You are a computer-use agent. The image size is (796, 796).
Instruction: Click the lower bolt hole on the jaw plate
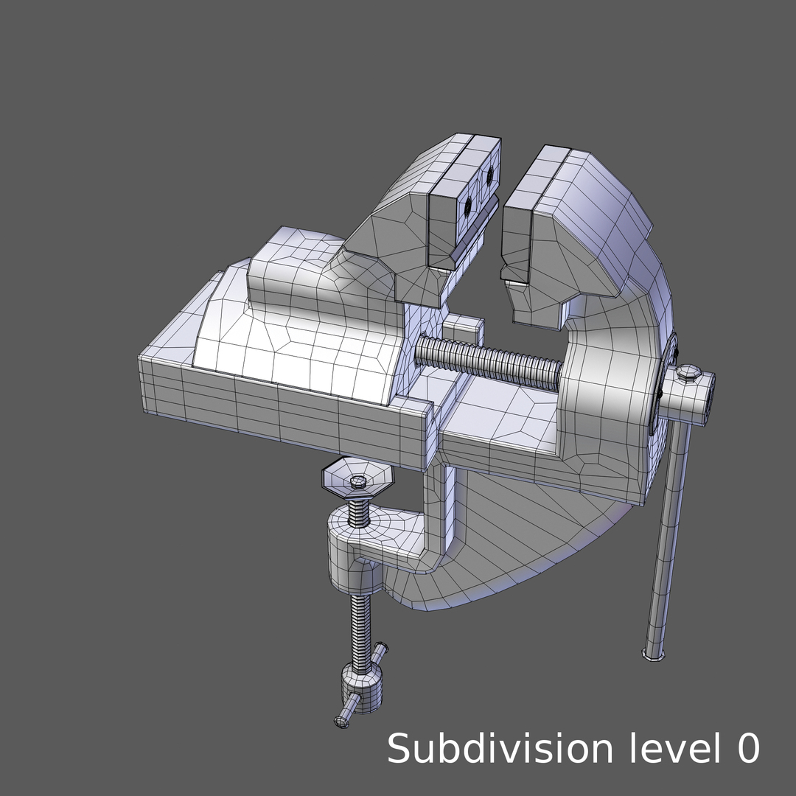click(x=467, y=209)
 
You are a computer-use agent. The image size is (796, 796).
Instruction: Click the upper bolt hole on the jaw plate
click(x=488, y=175)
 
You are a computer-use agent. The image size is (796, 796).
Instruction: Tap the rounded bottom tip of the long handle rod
click(x=653, y=654)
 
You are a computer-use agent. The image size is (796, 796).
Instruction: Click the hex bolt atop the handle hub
click(x=688, y=373)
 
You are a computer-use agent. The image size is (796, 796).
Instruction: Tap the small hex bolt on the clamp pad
click(x=358, y=481)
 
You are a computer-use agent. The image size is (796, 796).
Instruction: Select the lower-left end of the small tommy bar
click(x=342, y=721)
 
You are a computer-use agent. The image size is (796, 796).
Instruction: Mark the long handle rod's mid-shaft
click(x=669, y=531)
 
